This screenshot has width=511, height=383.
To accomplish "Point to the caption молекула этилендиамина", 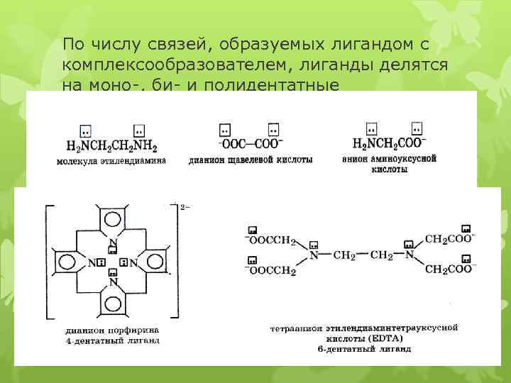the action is (112, 161).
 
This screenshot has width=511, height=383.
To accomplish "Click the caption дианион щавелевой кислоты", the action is (251, 161).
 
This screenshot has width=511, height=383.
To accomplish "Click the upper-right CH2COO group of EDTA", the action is (448, 240).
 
